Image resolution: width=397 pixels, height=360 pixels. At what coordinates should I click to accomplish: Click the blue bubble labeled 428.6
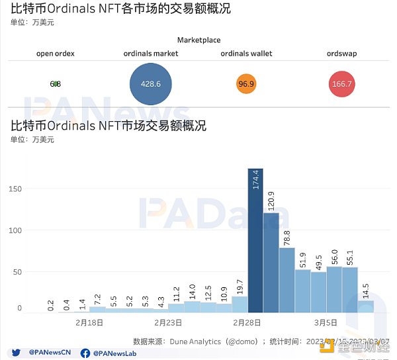[x=151, y=84]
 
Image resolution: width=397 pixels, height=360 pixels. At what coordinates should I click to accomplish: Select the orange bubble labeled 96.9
[x=246, y=84]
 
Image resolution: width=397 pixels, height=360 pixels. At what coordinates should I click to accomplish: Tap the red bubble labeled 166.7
[x=341, y=84]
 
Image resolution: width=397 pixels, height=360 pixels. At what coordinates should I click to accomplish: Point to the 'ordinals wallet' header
[x=246, y=54]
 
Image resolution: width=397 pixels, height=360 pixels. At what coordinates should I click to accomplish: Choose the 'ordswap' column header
[x=341, y=54]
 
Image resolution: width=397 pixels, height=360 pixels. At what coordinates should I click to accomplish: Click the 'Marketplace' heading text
[x=198, y=40]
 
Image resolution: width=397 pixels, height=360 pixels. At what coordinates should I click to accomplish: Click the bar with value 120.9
[x=271, y=261]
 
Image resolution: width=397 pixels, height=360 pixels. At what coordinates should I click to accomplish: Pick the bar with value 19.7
[x=240, y=304]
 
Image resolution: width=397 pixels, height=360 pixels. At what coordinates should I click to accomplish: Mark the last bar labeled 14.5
[x=366, y=306]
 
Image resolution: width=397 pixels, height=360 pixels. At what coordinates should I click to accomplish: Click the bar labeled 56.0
[x=335, y=289]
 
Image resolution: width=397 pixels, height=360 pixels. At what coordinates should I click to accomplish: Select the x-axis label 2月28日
[x=247, y=323]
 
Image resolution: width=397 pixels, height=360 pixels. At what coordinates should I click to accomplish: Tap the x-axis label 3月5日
[x=326, y=323]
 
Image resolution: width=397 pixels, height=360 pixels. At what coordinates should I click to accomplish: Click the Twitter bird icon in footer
[x=16, y=353]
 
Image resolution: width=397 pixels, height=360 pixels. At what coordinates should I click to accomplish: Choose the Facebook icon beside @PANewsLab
[x=85, y=353]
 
